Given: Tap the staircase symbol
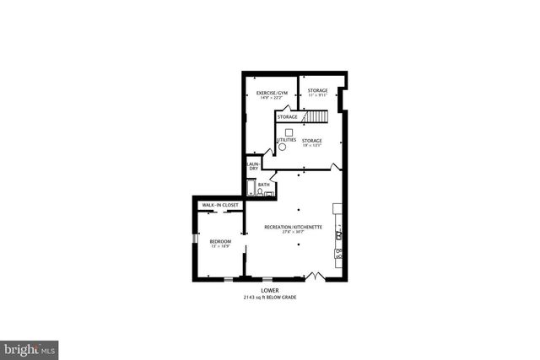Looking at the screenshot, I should coord(316,116).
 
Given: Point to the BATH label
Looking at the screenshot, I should coord(264,185).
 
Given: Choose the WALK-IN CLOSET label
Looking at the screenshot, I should coord(220,205).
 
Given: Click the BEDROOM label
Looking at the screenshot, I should coord(220,241).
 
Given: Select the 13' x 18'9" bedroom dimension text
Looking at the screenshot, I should coord(220,247).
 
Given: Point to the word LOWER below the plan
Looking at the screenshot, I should coord(270,291).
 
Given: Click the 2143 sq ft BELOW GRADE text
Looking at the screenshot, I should coord(270,298).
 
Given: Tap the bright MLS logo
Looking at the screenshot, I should coord(30,347).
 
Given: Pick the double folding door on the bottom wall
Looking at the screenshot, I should coord(315,276).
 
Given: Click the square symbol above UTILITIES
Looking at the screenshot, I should coord(287,132).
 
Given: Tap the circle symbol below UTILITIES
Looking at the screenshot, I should coord(283,147).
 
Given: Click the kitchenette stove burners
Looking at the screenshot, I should coord(339,252).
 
